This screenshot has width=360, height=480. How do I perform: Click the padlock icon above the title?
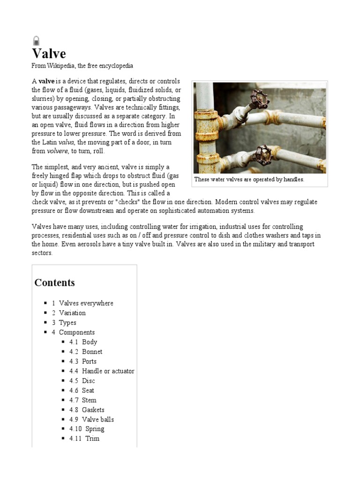click(36, 40)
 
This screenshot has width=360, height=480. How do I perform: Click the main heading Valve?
click(49, 53)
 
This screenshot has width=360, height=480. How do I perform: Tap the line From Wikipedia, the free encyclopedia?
click(82, 66)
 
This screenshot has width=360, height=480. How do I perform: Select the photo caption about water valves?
click(249, 180)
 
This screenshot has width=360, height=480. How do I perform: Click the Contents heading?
click(54, 283)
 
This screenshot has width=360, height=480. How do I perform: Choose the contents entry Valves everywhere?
click(86, 303)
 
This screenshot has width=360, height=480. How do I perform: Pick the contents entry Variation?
click(72, 313)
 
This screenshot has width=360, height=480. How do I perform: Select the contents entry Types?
click(67, 322)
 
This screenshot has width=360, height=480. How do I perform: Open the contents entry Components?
click(76, 332)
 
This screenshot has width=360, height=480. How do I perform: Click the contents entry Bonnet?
click(92, 352)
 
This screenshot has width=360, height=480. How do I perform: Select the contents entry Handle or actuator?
click(108, 371)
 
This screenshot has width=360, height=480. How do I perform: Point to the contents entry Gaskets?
click(93, 410)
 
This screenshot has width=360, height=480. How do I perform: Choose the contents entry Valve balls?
click(97, 420)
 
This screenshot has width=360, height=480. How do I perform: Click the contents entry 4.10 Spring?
click(94, 429)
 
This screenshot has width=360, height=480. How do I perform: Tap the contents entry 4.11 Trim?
click(92, 439)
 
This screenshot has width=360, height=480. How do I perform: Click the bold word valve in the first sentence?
click(46, 81)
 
